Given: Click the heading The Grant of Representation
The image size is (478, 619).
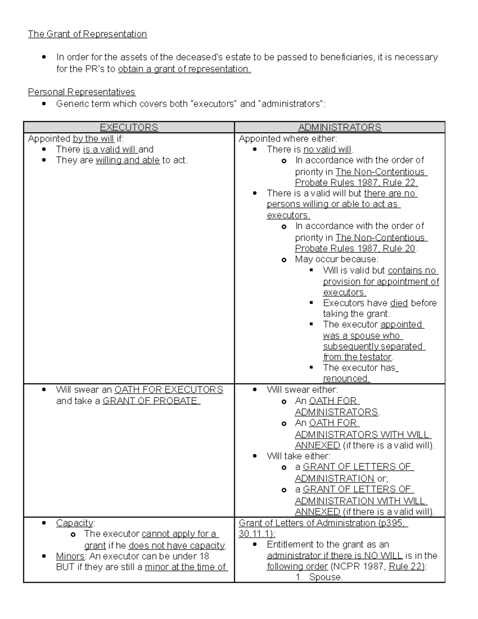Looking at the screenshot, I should (x=87, y=34).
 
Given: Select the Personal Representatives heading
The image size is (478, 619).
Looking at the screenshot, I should (x=82, y=92).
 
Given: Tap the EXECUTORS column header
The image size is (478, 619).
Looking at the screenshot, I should (x=129, y=127).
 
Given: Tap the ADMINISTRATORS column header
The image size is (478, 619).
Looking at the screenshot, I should (x=339, y=127).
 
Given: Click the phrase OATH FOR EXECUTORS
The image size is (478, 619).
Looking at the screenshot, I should (x=168, y=390).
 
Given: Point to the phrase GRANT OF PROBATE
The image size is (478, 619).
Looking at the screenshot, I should (x=151, y=401).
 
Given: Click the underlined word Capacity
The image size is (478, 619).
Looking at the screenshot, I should (x=74, y=523).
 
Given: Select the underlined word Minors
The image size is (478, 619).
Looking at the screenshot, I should (x=70, y=556).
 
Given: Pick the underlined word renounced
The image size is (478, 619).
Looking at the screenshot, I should (x=346, y=379).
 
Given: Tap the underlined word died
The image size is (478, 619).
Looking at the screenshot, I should (x=399, y=303).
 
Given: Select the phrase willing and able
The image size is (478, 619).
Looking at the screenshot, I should (x=127, y=160).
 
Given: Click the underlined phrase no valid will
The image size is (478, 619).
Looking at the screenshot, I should (x=327, y=149).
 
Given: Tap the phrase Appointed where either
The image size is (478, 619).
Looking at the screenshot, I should (x=288, y=139).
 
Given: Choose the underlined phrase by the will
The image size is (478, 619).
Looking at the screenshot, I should (x=93, y=139).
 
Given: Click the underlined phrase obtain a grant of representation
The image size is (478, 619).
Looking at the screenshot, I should (x=184, y=69).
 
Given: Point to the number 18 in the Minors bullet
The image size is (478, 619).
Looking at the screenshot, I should (x=204, y=556).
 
